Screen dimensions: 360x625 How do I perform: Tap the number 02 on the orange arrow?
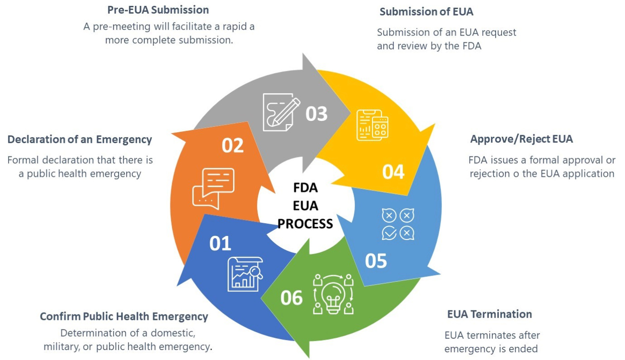pos(233,145)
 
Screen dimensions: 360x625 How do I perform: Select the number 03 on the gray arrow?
pos(317,114)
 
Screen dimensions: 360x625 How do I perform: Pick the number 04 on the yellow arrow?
pos(393,172)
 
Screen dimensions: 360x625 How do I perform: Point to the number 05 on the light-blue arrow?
pos(376,261)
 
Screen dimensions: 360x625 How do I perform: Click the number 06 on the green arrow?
pos(292,298)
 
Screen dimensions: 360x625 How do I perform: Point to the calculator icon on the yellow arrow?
pos(372,125)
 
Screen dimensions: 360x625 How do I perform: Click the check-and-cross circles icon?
pos(398,224)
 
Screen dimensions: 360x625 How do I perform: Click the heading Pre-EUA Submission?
pos(158,10)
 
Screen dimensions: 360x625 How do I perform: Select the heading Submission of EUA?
pos(427,12)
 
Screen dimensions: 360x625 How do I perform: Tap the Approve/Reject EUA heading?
pos(521,139)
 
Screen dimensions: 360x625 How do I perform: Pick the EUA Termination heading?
pos(489,314)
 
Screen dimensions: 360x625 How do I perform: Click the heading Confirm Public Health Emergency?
pos(124,316)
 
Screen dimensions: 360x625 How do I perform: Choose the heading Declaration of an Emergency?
pos(79,140)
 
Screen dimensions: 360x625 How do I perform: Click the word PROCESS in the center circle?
pos(305,224)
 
